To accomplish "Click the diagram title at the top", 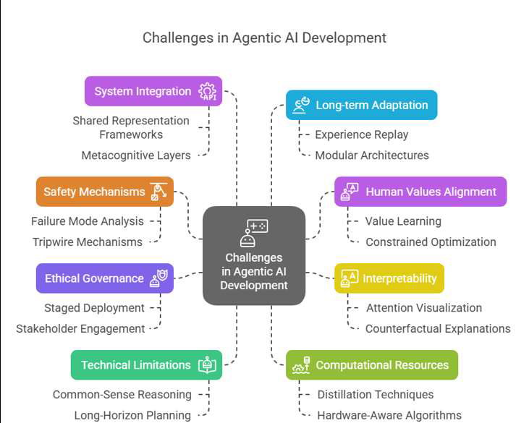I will pos(264,38).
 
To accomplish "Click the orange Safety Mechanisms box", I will pos(105,192).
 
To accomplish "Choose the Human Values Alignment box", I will pos(420,192).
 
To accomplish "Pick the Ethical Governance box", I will pos(105,278).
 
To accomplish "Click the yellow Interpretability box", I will pos(389,278).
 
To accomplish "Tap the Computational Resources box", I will pos(372,365).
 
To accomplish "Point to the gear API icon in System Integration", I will pos(207,92).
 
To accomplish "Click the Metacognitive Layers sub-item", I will pos(136,155).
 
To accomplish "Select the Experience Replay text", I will pos(362,134).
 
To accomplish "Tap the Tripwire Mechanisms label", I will pos(88,242).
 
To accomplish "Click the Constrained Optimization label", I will pos(431,242).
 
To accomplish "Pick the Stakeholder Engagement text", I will pos(80,329).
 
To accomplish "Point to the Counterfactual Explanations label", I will pos(438,329).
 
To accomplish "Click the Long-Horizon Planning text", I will pos(132,416).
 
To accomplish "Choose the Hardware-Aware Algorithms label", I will pos(389,416).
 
